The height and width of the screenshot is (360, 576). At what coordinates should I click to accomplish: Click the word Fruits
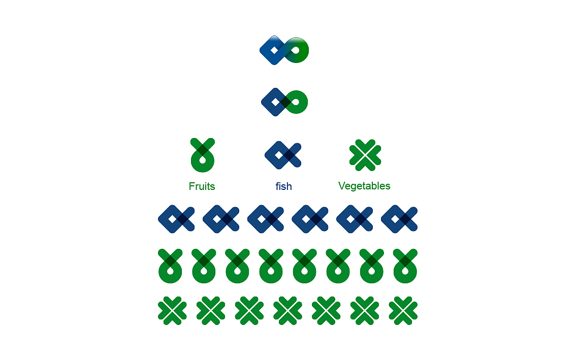pyautogui.click(x=202, y=186)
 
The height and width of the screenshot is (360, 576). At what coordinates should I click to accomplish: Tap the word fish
pyautogui.click(x=283, y=186)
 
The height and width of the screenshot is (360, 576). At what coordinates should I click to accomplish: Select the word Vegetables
pyautogui.click(x=364, y=186)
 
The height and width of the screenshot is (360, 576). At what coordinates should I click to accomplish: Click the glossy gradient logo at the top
pyautogui.click(x=284, y=50)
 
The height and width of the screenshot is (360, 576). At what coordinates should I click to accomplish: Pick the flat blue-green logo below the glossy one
pyautogui.click(x=284, y=102)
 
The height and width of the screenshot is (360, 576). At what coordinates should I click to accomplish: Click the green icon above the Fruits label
pyautogui.click(x=202, y=155)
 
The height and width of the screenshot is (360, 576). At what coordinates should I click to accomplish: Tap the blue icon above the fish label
pyautogui.click(x=283, y=155)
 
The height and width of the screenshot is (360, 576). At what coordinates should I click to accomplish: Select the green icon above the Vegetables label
pyautogui.click(x=365, y=155)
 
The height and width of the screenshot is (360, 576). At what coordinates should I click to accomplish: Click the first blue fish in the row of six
pyautogui.click(x=176, y=219)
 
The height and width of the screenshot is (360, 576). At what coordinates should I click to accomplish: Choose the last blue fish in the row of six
pyautogui.click(x=399, y=219)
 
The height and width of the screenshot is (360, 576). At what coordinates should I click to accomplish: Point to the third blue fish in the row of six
pyautogui.click(x=266, y=219)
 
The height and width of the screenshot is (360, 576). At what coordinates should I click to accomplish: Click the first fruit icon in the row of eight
pyautogui.click(x=170, y=266)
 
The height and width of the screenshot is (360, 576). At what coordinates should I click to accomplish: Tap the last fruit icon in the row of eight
pyautogui.click(x=405, y=266)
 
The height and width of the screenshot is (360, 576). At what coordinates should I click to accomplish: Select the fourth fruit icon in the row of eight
pyautogui.click(x=271, y=266)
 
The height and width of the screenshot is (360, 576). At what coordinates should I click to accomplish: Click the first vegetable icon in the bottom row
pyautogui.click(x=172, y=311)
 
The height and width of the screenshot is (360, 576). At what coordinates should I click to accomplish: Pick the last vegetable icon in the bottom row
pyautogui.click(x=403, y=311)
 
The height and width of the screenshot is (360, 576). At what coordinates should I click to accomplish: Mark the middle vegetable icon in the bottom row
pyautogui.click(x=287, y=311)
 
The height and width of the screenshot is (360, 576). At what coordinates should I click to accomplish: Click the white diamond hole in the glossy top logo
pyautogui.click(x=274, y=50)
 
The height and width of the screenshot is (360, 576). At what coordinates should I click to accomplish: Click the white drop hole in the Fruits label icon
pyautogui.click(x=202, y=160)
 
